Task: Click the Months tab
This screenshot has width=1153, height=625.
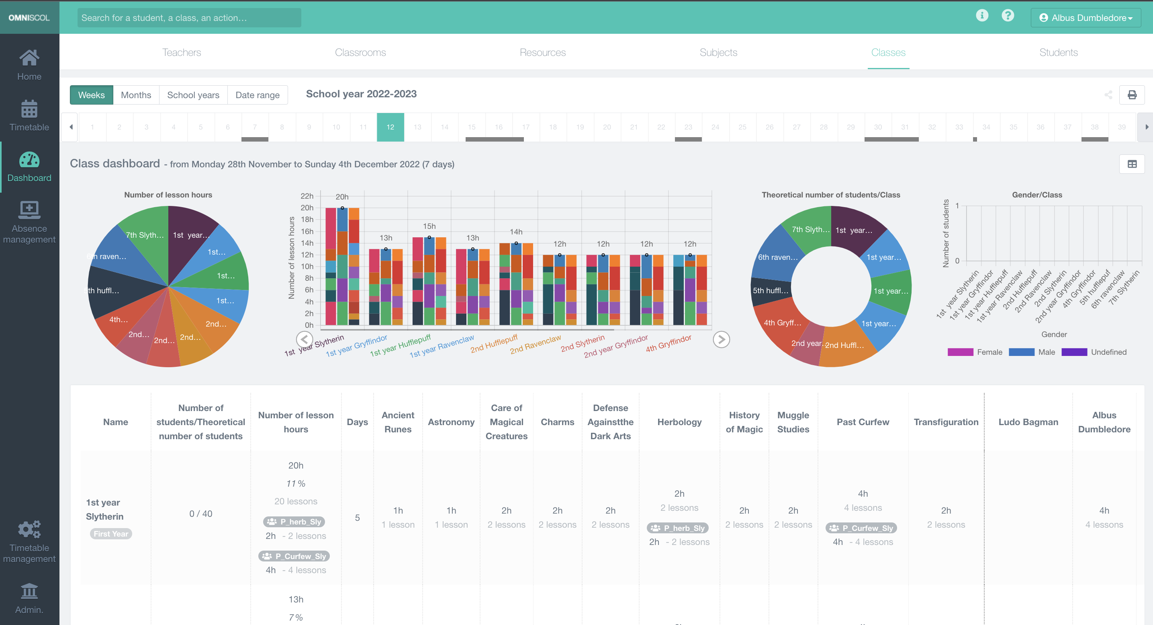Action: pyautogui.click(x=136, y=95)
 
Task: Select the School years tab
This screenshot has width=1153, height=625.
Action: pyautogui.click(x=193, y=95)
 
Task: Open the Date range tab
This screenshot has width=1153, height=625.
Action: pyautogui.click(x=258, y=95)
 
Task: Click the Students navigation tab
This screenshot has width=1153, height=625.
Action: pyautogui.click(x=1058, y=52)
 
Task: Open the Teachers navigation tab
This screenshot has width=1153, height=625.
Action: pyautogui.click(x=181, y=52)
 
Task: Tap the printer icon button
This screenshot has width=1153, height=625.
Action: pyautogui.click(x=1132, y=95)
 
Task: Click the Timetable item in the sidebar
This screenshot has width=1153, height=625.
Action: pyautogui.click(x=29, y=115)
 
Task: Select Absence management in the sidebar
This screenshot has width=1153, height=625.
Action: pyautogui.click(x=29, y=222)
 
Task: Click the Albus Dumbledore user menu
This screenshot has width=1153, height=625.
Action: pyautogui.click(x=1086, y=18)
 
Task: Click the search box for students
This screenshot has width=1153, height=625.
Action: pyautogui.click(x=189, y=18)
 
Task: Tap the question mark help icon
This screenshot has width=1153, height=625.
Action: pyautogui.click(x=1008, y=16)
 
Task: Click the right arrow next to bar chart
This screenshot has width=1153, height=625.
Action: pyautogui.click(x=721, y=339)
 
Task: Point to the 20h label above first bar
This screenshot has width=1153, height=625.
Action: pyautogui.click(x=342, y=197)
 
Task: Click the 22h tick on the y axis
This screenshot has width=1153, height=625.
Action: pyautogui.click(x=307, y=196)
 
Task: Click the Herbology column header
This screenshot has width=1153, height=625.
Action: pyautogui.click(x=679, y=422)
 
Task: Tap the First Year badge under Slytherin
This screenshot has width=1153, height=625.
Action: pyautogui.click(x=110, y=534)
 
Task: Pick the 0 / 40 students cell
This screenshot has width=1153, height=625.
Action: pyautogui.click(x=200, y=514)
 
